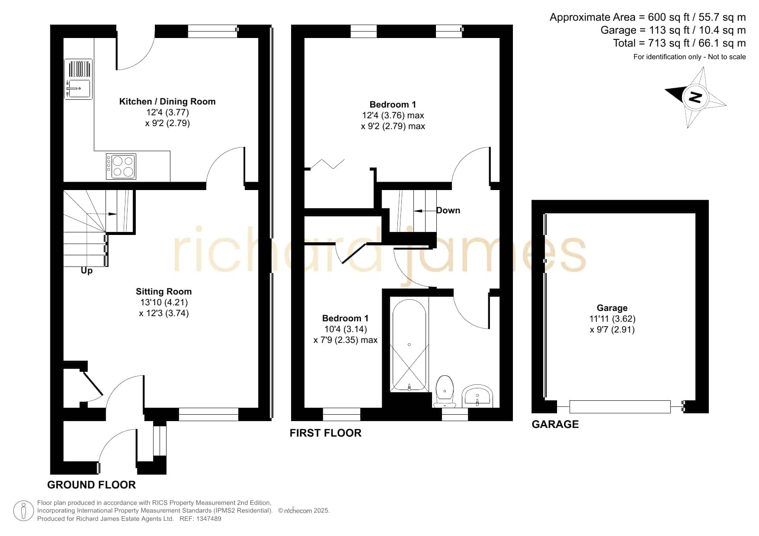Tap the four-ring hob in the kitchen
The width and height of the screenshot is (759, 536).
point(121,166)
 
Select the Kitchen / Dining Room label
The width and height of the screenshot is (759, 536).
point(167,101)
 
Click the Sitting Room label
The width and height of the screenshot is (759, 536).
point(163,292)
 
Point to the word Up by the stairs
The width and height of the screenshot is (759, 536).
point(86,271)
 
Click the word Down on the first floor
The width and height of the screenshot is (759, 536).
point(448,210)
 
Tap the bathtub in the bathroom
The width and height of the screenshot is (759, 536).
point(409,345)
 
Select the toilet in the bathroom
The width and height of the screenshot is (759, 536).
point(445,391)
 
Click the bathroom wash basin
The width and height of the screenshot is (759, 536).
point(477,396)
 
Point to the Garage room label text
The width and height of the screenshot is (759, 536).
point(612,308)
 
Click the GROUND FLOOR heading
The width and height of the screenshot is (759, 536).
point(91,485)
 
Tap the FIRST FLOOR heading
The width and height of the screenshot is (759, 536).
point(325,433)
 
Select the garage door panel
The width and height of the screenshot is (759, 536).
point(620,407)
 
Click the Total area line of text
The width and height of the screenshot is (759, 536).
point(679,43)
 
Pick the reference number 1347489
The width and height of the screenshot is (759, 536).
point(209,519)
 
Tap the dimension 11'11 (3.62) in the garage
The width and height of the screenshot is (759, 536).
point(612,319)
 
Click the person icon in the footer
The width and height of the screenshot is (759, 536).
point(23,511)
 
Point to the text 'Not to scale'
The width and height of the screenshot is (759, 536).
point(727,57)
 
